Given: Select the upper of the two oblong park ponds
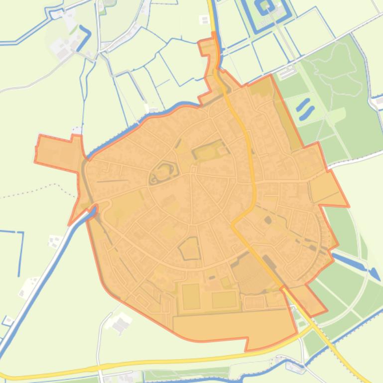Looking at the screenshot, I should click(x=303, y=104).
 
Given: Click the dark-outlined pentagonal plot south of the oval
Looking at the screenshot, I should click(x=190, y=248).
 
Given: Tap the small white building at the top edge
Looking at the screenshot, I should click(x=204, y=20).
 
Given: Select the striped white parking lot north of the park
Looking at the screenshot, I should click(x=287, y=73).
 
